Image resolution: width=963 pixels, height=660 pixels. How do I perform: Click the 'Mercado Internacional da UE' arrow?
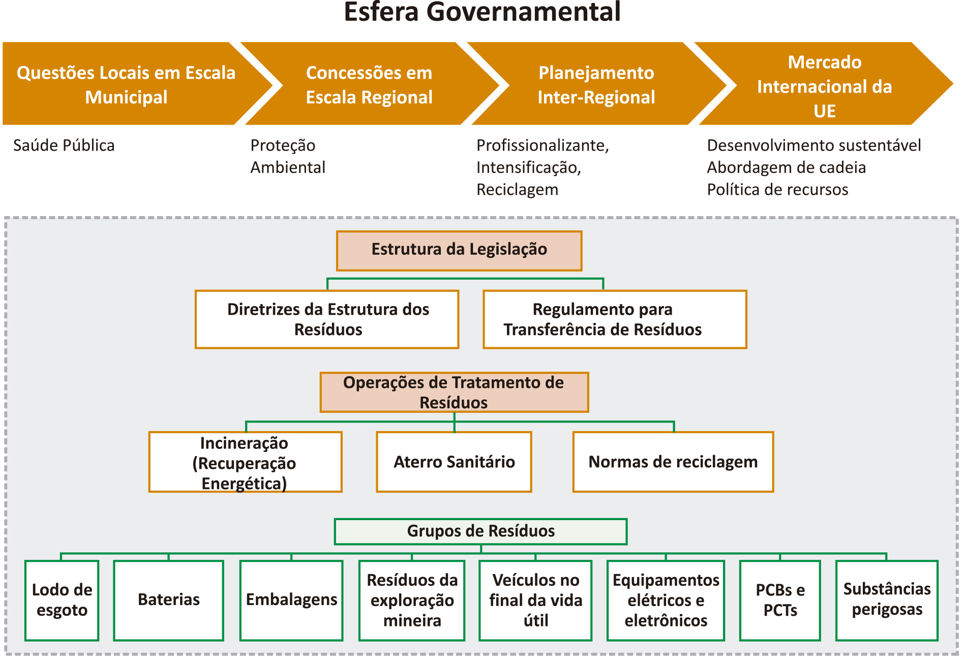[824, 84]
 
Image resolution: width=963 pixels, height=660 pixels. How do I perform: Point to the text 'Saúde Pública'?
[64, 145]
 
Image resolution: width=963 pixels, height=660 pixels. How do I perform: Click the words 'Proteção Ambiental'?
[288, 156]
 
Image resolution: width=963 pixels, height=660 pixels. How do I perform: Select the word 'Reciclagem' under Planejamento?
[517, 190]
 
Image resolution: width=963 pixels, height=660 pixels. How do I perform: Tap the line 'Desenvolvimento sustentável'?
[814, 145]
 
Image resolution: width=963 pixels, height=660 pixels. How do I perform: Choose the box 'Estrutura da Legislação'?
[459, 251]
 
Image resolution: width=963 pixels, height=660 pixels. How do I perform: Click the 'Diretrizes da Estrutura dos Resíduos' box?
[327, 319]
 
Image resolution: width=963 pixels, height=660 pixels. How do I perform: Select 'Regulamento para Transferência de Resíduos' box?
[615, 319]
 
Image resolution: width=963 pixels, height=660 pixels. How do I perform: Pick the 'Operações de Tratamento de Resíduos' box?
[454, 392]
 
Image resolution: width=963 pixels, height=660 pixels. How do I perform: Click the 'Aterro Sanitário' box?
[454, 462]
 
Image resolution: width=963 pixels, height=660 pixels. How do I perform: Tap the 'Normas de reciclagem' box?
[673, 462]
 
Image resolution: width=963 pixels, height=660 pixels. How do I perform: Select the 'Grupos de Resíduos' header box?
[480, 531]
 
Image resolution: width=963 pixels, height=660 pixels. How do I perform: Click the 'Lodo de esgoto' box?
[62, 601]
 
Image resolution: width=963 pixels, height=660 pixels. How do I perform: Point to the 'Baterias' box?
[169, 601]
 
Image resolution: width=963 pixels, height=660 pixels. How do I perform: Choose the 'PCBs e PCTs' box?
[780, 601]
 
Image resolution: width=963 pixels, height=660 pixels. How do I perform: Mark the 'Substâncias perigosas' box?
[887, 601]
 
